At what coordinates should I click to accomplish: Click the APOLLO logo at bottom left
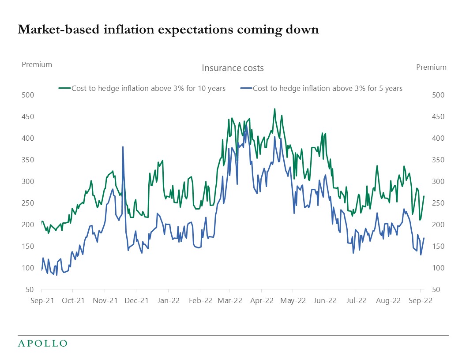click(x=42, y=343)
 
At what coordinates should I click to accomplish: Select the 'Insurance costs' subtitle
click(x=233, y=68)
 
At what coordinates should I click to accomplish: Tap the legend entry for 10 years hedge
click(x=142, y=88)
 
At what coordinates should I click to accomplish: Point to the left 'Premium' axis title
click(x=37, y=64)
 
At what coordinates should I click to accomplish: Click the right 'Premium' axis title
click(x=431, y=67)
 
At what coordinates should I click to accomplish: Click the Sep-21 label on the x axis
click(x=41, y=301)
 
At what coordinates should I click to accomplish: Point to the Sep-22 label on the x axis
click(x=420, y=301)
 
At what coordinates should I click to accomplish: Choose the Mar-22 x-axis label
click(x=230, y=301)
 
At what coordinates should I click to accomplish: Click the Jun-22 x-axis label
click(x=325, y=301)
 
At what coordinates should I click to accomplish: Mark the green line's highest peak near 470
click(x=274, y=109)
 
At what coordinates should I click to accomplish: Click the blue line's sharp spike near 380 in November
click(x=123, y=146)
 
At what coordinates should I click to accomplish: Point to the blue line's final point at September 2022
click(x=424, y=238)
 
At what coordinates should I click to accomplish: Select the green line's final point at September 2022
click(x=424, y=196)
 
